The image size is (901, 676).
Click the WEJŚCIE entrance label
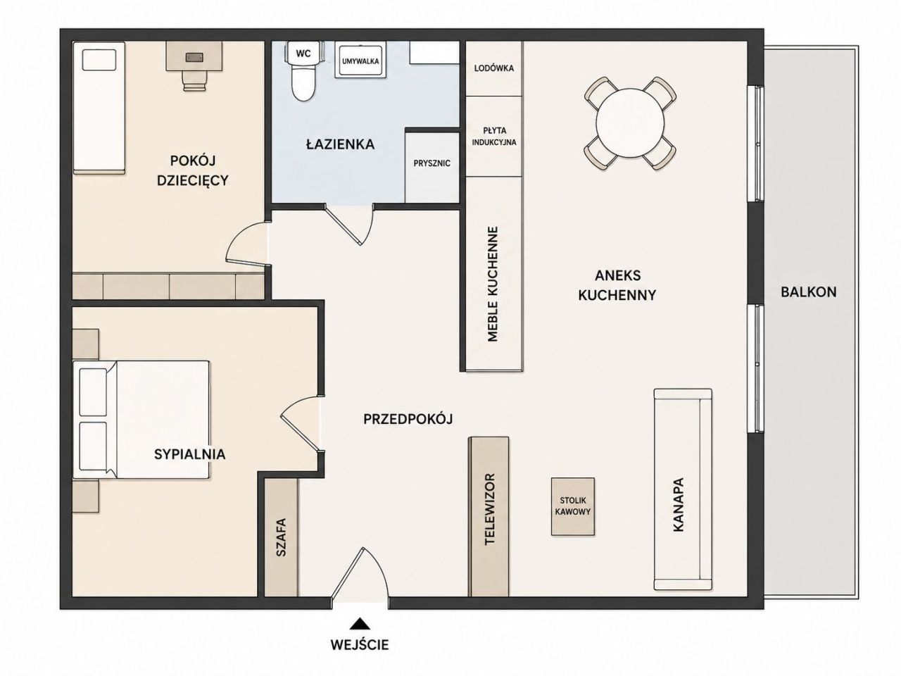(x=360, y=644)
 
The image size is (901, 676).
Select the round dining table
(x=630, y=123)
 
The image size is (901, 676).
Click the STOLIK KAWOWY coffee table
(x=572, y=506)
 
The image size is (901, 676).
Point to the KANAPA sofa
(x=683, y=489)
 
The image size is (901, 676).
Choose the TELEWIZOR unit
(x=489, y=516)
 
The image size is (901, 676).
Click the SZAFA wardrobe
(x=281, y=537)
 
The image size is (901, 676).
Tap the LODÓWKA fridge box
(x=494, y=68)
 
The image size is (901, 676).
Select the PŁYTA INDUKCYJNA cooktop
(x=494, y=137)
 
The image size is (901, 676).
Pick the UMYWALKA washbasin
(x=360, y=61)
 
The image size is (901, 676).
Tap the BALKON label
(x=808, y=292)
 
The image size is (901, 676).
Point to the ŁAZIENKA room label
(x=340, y=144)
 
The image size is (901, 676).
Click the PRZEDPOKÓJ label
(x=408, y=419)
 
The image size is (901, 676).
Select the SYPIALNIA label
(x=189, y=454)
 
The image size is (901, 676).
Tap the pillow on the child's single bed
(x=99, y=61)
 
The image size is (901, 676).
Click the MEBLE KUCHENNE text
(x=493, y=284)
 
